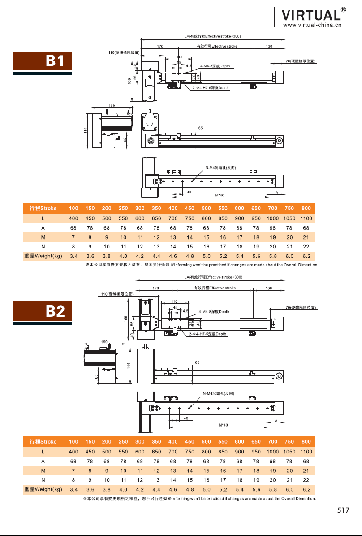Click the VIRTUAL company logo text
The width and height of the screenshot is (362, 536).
coord(311,15)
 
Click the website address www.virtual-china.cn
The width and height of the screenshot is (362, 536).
coord(312,25)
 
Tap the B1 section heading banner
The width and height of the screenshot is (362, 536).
coord(43,61)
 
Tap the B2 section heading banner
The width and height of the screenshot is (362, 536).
coord(43,311)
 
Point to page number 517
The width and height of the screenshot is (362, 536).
coord(343,510)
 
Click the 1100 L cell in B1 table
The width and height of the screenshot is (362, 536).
coord(306,218)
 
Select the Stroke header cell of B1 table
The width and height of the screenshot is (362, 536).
coord(43,208)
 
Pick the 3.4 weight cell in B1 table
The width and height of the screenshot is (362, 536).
coord(73,256)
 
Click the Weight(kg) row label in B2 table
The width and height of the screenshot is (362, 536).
coord(43,489)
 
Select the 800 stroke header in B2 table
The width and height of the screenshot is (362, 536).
coord(306,442)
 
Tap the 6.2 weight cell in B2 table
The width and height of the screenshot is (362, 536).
coord(306,489)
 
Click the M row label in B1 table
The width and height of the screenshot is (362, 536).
coord(43,237)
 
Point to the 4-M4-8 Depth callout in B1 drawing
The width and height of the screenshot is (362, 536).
coord(215,66)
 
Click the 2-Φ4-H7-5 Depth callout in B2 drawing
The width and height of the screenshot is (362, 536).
coord(207,334)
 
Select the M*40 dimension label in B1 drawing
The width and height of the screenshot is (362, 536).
coord(220,195)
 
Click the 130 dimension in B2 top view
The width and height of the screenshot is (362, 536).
coord(269,288)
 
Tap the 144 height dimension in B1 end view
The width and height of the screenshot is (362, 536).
coord(86,130)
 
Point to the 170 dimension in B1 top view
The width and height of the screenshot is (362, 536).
coord(160,46)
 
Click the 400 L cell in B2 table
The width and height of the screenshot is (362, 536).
coord(73,452)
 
